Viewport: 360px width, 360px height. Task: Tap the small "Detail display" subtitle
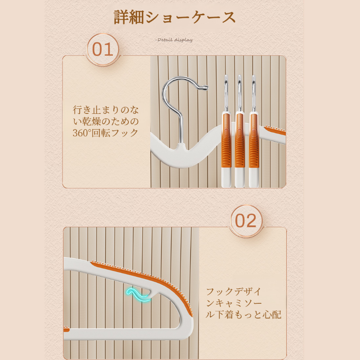(x=174, y=40)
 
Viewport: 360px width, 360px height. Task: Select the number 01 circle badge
(x=103, y=49)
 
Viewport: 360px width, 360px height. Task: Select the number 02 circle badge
(x=246, y=221)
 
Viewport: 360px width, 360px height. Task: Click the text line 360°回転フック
(x=105, y=133)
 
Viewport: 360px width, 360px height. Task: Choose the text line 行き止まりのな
(x=105, y=109)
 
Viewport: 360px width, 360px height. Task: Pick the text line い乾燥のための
(x=105, y=121)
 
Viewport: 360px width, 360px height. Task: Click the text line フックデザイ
(x=234, y=291)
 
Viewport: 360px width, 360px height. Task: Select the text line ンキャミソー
(x=234, y=303)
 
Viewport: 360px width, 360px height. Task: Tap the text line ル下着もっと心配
(x=243, y=315)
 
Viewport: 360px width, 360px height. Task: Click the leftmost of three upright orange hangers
(x=226, y=144)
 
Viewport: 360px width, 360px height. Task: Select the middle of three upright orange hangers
(x=240, y=144)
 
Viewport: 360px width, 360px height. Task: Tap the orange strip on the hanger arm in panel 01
(x=275, y=130)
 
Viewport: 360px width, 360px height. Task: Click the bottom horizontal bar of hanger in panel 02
(x=126, y=333)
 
